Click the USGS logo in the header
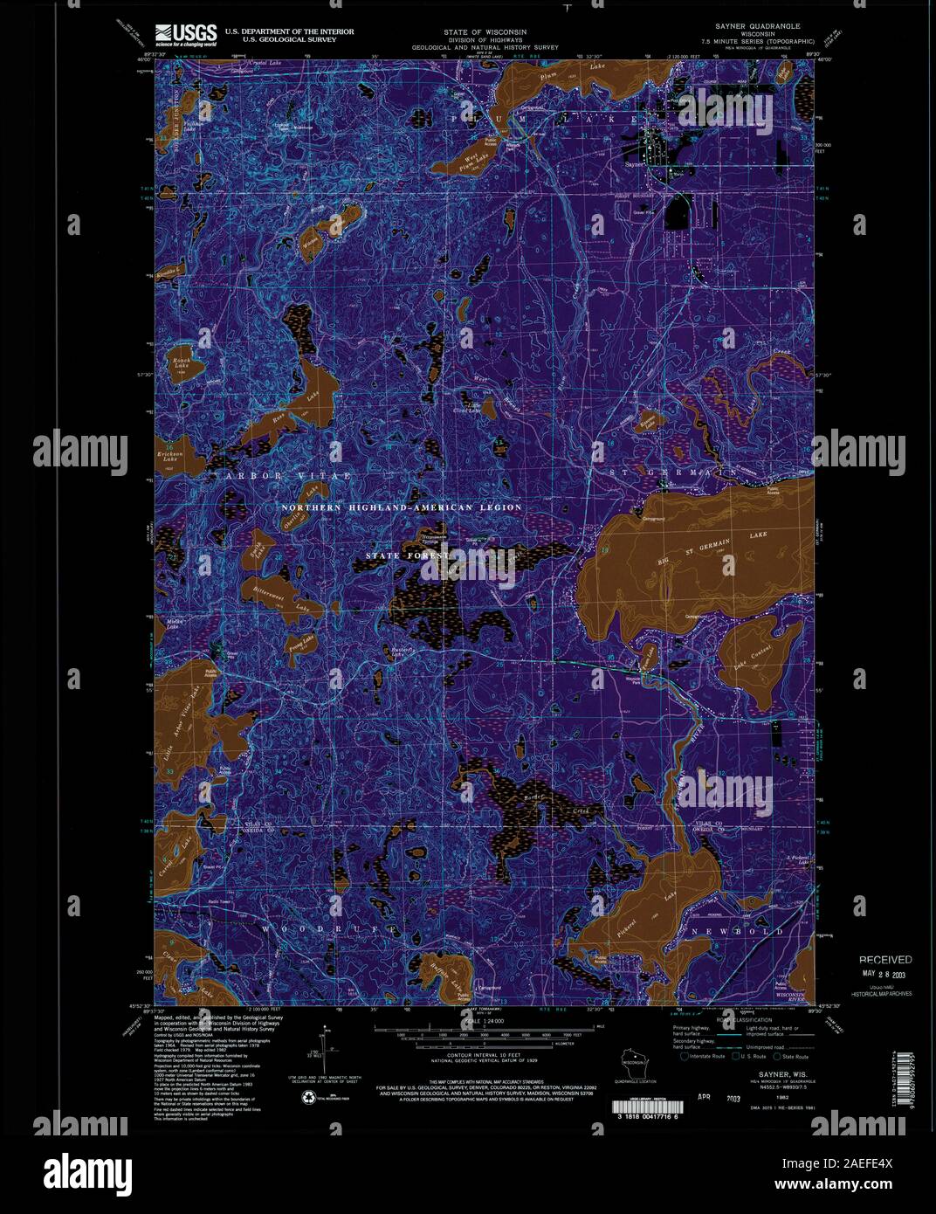[185, 34]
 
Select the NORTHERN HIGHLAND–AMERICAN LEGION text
[401, 507]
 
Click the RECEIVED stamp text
[884, 959]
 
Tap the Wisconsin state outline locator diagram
[631, 1063]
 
